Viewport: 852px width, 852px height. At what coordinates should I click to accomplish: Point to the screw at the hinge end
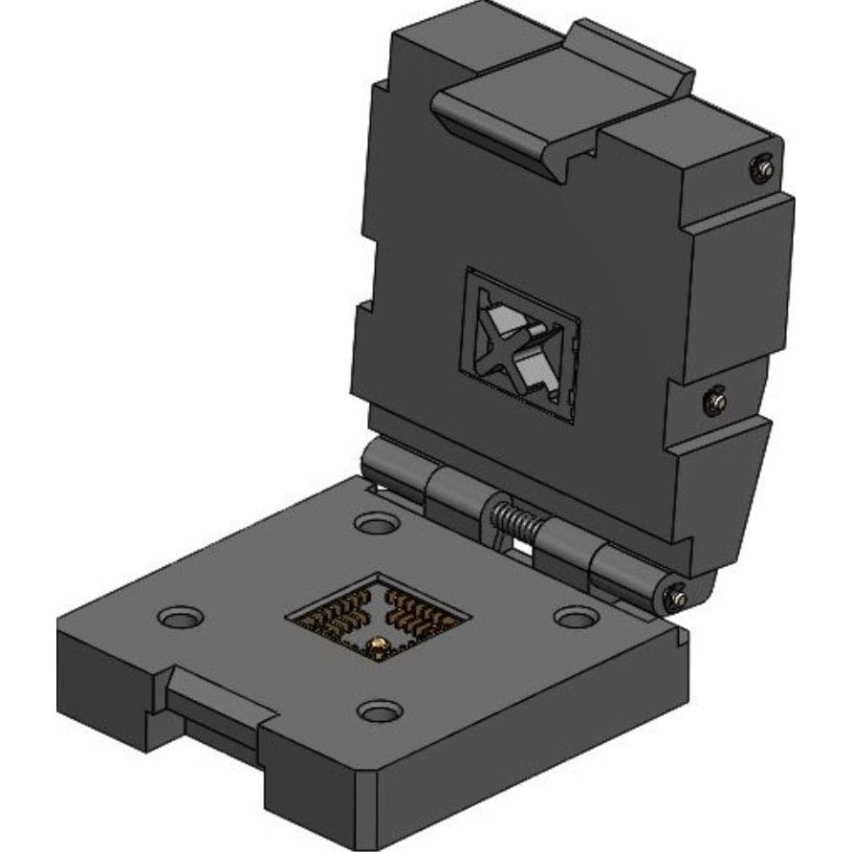677,597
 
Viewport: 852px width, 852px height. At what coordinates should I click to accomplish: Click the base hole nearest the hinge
376,523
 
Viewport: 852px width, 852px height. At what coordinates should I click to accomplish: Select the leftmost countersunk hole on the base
178,617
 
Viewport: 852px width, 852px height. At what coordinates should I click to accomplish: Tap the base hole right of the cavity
575,618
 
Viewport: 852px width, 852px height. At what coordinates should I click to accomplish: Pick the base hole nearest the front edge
380,710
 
